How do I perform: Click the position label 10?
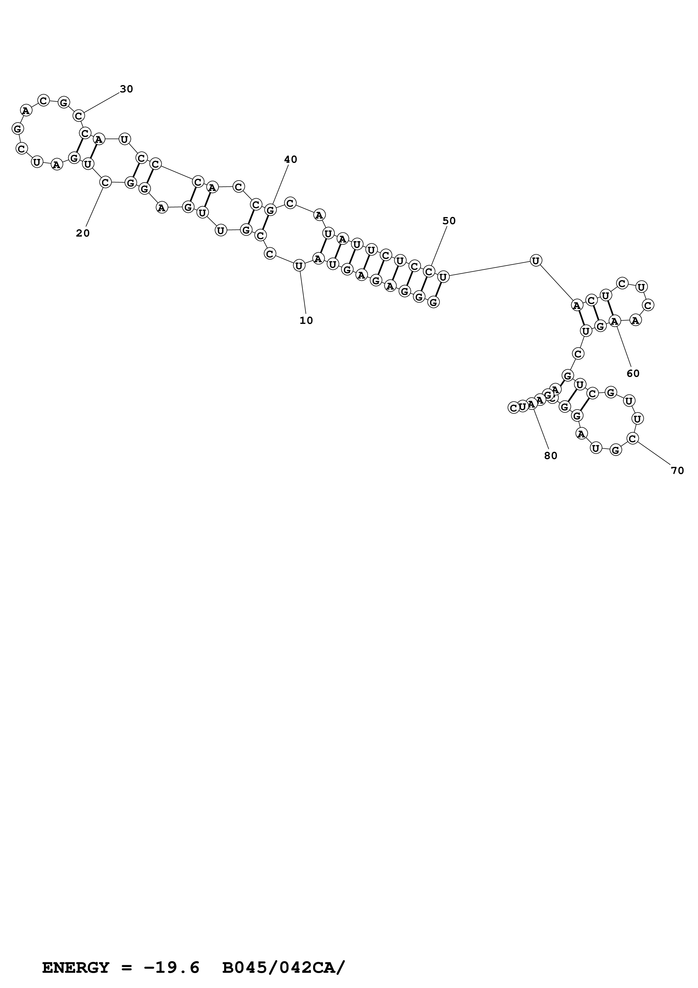click(x=306, y=321)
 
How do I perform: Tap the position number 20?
click(x=83, y=233)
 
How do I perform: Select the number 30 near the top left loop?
click(x=126, y=89)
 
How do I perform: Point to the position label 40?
click(x=291, y=160)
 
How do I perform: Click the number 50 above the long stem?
click(x=449, y=221)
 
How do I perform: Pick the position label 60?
click(x=633, y=373)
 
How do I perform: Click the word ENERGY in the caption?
click(x=76, y=956)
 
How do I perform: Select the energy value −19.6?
click(x=172, y=956)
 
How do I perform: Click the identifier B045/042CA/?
click(x=284, y=956)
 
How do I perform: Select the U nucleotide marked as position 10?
click(x=299, y=266)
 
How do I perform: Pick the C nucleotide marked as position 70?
click(x=632, y=439)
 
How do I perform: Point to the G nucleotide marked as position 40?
click(x=270, y=210)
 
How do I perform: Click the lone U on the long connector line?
click(x=536, y=260)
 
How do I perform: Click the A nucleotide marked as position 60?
click(x=615, y=321)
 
